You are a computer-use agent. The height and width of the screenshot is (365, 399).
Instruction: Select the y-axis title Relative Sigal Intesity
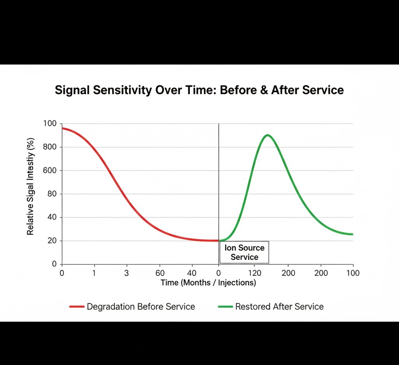(x=30, y=187)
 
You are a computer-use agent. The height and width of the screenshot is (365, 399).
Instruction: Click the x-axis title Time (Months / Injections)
(x=208, y=283)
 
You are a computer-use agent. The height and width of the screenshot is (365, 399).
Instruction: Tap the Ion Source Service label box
(x=244, y=252)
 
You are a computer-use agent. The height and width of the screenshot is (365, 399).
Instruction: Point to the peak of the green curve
(x=268, y=135)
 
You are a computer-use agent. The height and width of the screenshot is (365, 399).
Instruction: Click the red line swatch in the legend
(x=77, y=307)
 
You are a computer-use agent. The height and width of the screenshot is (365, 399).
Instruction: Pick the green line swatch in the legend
(x=225, y=307)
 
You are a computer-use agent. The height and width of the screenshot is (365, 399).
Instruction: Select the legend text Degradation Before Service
(x=141, y=307)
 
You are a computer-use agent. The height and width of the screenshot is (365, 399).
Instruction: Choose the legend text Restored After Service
(x=279, y=307)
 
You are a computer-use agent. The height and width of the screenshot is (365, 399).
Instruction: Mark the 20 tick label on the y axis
(x=52, y=241)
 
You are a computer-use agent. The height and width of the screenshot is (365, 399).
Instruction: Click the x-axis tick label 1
(x=94, y=273)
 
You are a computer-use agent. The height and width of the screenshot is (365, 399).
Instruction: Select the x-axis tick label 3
(x=126, y=273)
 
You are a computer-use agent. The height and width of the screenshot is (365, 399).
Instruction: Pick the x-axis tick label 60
(x=160, y=273)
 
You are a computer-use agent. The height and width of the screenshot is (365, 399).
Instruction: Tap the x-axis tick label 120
(x=254, y=273)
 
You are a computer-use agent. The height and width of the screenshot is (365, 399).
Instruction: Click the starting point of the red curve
(x=62, y=128)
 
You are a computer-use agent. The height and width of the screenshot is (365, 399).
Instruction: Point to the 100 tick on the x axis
(x=353, y=273)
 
